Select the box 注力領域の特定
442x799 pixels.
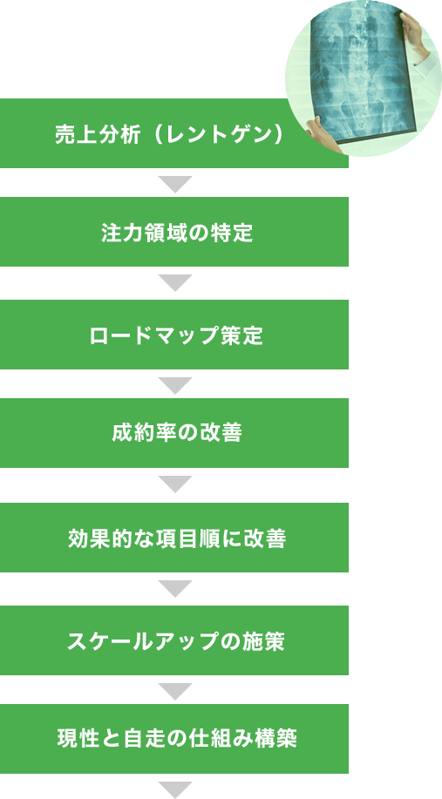click(x=174, y=232)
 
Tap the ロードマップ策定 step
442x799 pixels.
click(x=174, y=335)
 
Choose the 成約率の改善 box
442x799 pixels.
click(x=174, y=433)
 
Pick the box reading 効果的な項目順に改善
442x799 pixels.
click(x=174, y=538)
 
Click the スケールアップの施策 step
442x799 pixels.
click(x=174, y=640)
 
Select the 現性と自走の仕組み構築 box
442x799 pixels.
click(x=174, y=739)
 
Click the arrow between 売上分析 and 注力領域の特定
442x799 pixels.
click(x=175, y=184)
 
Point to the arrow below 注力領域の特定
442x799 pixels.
click(x=175, y=282)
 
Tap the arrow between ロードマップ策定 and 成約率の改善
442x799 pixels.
click(x=175, y=385)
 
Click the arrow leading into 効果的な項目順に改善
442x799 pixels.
click(x=175, y=484)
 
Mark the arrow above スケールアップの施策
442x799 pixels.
click(x=175, y=588)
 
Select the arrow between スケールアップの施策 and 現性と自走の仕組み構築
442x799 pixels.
click(x=175, y=691)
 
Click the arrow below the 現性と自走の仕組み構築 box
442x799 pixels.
click(x=175, y=789)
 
